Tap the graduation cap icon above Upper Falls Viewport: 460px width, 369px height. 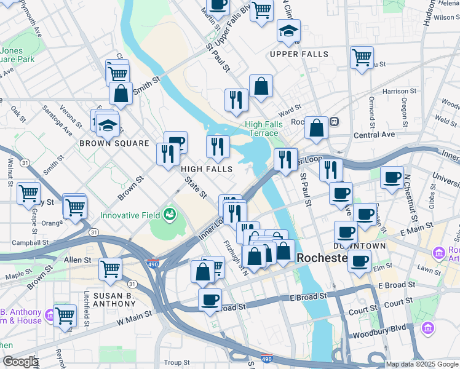288,31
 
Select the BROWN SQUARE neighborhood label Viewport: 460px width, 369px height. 114,143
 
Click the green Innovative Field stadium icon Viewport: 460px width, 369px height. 170,214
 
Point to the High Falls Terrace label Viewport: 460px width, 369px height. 264,129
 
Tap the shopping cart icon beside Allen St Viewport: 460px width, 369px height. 110,268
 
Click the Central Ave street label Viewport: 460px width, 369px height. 374,135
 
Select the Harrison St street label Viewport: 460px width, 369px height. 395,92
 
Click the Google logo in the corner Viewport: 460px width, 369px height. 20,362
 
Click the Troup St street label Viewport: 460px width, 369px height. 176,363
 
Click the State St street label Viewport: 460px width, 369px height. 196,186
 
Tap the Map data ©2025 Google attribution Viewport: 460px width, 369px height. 421,364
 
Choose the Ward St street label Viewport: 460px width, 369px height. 289,113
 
